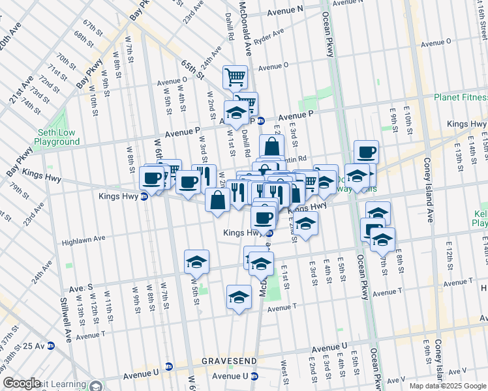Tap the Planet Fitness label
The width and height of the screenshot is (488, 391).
pos(461,98)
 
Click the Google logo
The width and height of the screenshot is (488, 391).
pos(22,383)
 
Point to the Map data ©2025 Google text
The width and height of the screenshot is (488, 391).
pos(448,386)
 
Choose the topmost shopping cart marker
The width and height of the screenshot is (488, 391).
pos(235,78)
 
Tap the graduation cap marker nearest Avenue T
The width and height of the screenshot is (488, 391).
pos(239,297)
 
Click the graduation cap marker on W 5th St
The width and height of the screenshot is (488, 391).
pos(196,262)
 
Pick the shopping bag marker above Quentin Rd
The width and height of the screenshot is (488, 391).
pos(271,147)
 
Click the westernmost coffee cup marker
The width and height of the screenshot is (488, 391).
pos(152,178)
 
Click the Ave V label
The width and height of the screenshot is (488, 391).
pos(396,380)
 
